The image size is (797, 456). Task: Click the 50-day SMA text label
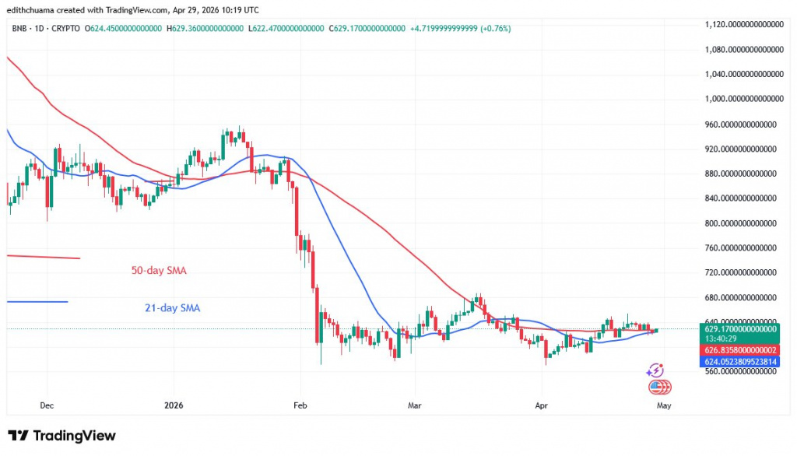[x=159, y=271]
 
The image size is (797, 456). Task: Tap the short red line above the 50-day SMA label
[x=43, y=257]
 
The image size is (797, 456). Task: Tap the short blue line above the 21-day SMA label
[x=37, y=301]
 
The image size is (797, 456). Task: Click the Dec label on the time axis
[x=47, y=405]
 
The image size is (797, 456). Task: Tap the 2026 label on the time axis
[x=174, y=405]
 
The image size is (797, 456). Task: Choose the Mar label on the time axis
[x=415, y=405]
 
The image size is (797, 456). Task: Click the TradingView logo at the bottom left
[x=61, y=436]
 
